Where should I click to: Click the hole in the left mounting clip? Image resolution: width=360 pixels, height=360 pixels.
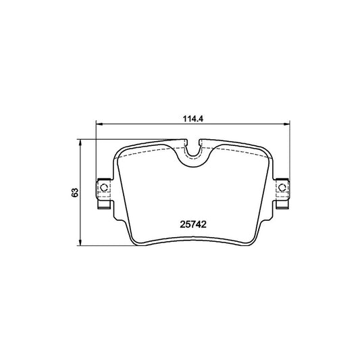pos(104,186)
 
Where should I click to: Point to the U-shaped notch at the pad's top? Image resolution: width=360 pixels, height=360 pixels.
pos(193,157)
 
